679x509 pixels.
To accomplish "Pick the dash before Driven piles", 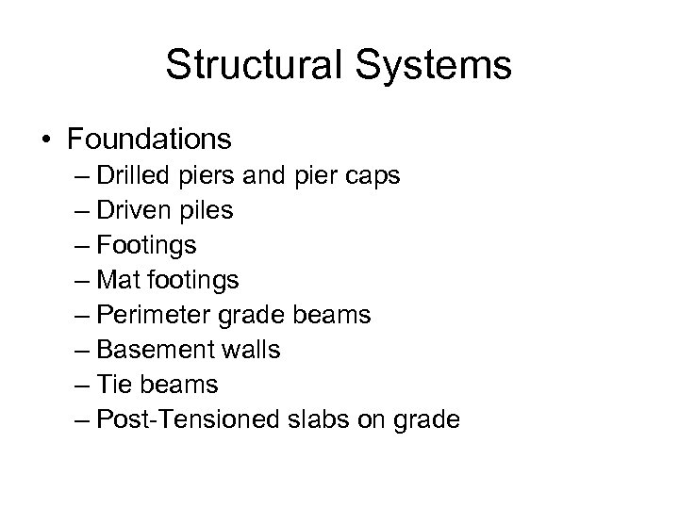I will point(80,211).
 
